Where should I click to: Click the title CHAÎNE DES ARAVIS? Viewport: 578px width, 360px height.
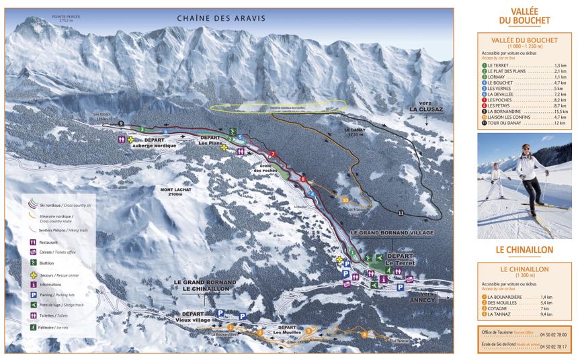[221, 18]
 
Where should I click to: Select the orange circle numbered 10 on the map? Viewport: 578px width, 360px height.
[345, 199]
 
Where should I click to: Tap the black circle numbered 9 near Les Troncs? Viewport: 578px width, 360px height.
[121, 124]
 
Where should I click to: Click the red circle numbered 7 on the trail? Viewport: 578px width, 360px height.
[273, 154]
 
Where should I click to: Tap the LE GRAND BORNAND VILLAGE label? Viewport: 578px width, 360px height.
[392, 232]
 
